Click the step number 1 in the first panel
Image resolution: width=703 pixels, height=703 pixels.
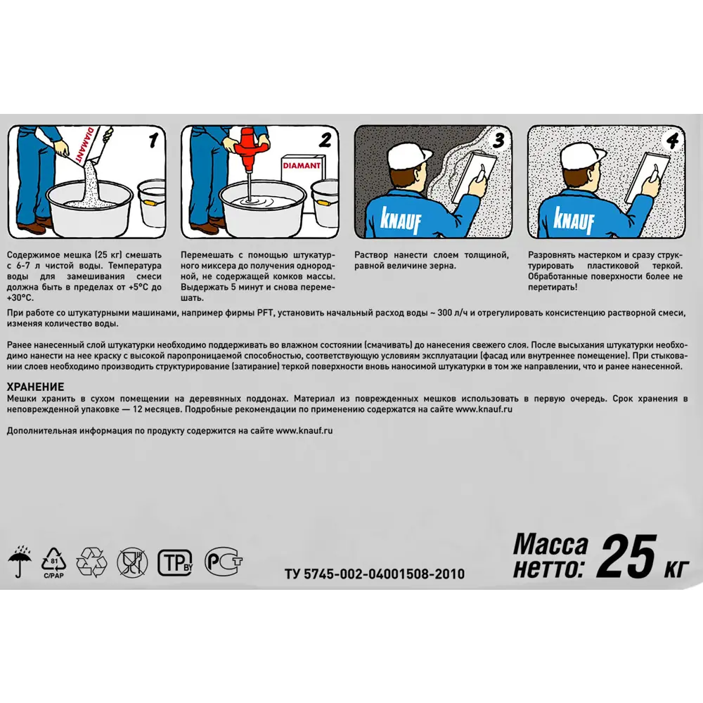point(153,140)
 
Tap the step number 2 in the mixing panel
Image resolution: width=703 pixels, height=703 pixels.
point(325,140)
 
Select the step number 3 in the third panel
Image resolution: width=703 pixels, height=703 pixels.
point(498,140)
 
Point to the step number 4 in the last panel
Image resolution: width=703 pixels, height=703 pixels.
point(672,141)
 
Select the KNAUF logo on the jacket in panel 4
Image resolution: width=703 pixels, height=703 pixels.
point(574,219)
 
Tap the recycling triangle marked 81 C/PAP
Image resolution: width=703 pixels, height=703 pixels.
point(54,562)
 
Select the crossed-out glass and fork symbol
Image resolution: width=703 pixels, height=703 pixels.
point(132,562)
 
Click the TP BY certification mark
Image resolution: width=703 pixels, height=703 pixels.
point(175,562)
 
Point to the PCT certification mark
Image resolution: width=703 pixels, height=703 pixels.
point(224,561)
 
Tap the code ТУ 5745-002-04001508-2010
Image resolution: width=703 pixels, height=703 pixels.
point(375,574)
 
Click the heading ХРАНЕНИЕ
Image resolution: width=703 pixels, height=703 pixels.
point(35,387)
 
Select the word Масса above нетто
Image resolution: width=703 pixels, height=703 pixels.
point(550,544)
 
